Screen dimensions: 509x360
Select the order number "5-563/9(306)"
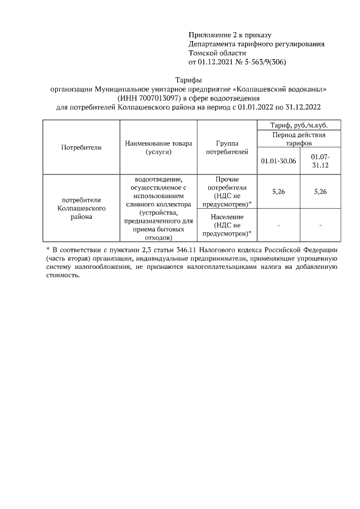[x=262, y=62]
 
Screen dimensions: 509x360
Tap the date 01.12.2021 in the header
[x=217, y=62]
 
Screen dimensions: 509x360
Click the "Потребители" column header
[x=81, y=147]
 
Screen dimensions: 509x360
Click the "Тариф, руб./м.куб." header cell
[x=299, y=125]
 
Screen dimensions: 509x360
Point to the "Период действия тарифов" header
[x=299, y=139]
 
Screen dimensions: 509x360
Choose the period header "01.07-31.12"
[x=320, y=160]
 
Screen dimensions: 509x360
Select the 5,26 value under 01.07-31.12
[x=320, y=191]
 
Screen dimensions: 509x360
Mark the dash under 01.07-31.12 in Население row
[x=320, y=225]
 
